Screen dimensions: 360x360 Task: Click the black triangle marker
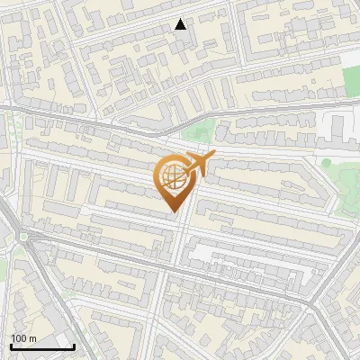[x=181, y=24]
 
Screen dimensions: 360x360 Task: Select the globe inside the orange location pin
[x=171, y=177]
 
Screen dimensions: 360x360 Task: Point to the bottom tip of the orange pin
[x=172, y=211]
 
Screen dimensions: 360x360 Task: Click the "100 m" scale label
[x=23, y=337]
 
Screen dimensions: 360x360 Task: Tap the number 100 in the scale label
[x=19, y=337]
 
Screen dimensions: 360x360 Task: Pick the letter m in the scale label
[x=32, y=338]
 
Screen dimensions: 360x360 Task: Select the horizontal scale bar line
[x=42, y=346]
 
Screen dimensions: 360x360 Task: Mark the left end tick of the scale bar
[x=11, y=345]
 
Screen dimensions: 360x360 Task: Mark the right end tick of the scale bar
[x=74, y=345]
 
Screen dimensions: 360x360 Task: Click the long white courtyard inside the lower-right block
[x=234, y=256]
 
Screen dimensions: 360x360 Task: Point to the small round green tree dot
[x=328, y=162]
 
